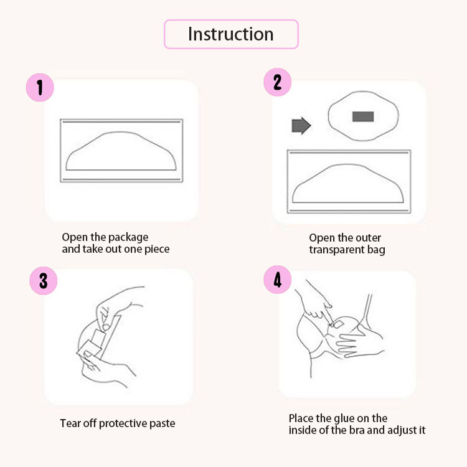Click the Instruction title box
[x=231, y=34]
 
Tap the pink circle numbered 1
[x=40, y=88]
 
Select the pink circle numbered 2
[x=277, y=82]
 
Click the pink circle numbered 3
[x=44, y=281]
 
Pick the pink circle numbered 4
[x=278, y=280]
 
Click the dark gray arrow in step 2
[x=301, y=125]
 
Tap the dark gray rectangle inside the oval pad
[x=363, y=116]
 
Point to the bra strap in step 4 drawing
[x=367, y=309]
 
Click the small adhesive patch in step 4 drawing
[x=338, y=324]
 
